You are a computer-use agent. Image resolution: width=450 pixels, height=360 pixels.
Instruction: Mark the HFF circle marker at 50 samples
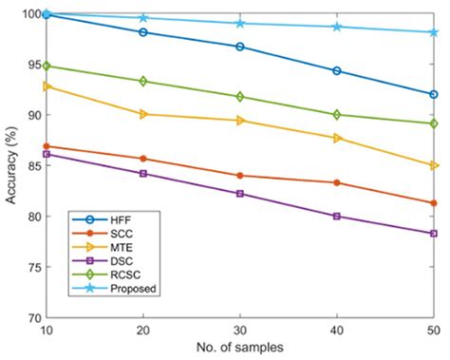click(x=433, y=94)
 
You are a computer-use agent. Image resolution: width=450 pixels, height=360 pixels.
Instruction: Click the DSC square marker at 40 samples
click(x=336, y=216)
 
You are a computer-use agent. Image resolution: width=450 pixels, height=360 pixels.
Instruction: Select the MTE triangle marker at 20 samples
click(x=142, y=114)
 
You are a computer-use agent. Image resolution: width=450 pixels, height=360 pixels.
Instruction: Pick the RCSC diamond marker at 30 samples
click(x=239, y=96)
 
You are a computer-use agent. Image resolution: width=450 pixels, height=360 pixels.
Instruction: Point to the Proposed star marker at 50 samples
click(x=433, y=31)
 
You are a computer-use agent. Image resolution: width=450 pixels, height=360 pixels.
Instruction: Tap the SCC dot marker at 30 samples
click(x=239, y=175)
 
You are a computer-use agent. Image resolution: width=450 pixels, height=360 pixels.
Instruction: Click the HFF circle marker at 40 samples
click(x=336, y=70)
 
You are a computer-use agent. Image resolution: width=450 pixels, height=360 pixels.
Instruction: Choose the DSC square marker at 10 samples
click(x=46, y=153)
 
